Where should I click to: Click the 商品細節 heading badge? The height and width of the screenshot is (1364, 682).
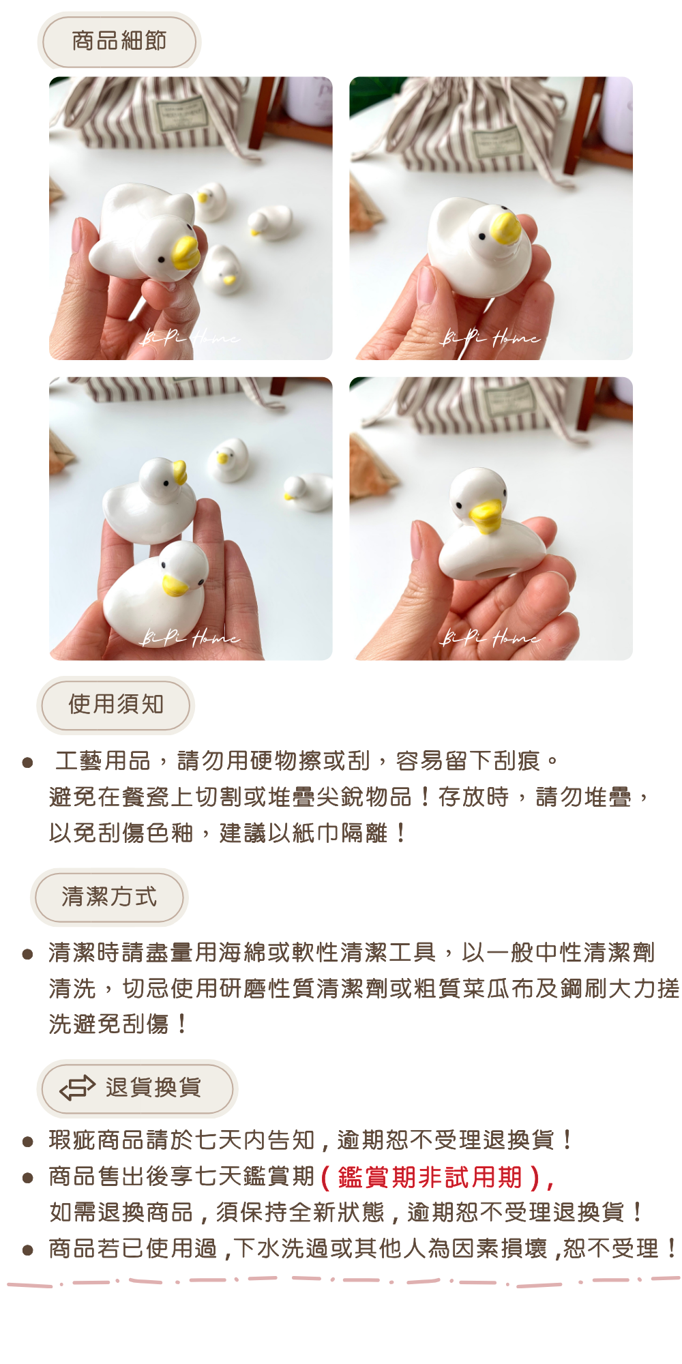click(x=119, y=41)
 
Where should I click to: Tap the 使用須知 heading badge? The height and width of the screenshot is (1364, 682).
click(x=116, y=705)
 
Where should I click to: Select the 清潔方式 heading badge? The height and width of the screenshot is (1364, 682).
click(x=109, y=897)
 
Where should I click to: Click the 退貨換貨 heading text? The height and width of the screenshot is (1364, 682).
click(x=153, y=1088)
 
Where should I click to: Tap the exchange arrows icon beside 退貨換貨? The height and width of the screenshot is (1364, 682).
click(x=77, y=1088)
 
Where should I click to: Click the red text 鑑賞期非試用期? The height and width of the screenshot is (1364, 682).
click(x=430, y=1177)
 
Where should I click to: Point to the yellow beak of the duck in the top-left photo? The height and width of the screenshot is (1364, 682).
click(x=185, y=251)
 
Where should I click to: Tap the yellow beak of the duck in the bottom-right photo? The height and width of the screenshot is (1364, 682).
click(x=487, y=516)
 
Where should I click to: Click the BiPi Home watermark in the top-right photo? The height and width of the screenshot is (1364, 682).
click(x=491, y=336)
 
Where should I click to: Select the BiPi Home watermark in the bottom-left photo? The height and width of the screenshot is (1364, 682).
click(x=190, y=637)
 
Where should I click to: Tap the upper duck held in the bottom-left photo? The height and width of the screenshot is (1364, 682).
click(x=149, y=499)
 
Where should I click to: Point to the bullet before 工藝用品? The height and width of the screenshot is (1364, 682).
click(x=27, y=762)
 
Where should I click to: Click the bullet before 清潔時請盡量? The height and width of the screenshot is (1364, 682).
click(x=27, y=954)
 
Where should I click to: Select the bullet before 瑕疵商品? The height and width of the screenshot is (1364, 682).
click(x=27, y=1142)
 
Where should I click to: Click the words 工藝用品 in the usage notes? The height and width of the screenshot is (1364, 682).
click(x=103, y=760)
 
